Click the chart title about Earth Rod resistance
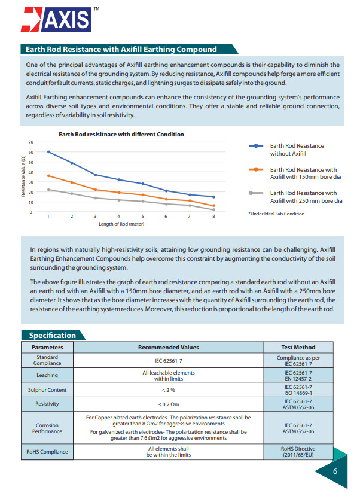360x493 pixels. point(121,135)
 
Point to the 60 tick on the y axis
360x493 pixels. point(30,152)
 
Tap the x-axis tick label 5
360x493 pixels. point(142,216)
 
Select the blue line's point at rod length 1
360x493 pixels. point(48,152)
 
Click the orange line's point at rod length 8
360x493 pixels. point(213,206)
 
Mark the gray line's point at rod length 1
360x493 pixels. point(48,190)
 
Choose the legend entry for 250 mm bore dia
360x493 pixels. point(306,197)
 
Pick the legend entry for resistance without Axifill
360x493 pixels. point(297,149)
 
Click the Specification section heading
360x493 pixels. point(53,336)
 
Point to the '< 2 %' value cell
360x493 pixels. point(169,389)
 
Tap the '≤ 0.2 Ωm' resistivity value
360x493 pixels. point(169,404)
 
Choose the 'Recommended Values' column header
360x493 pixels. point(169,347)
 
